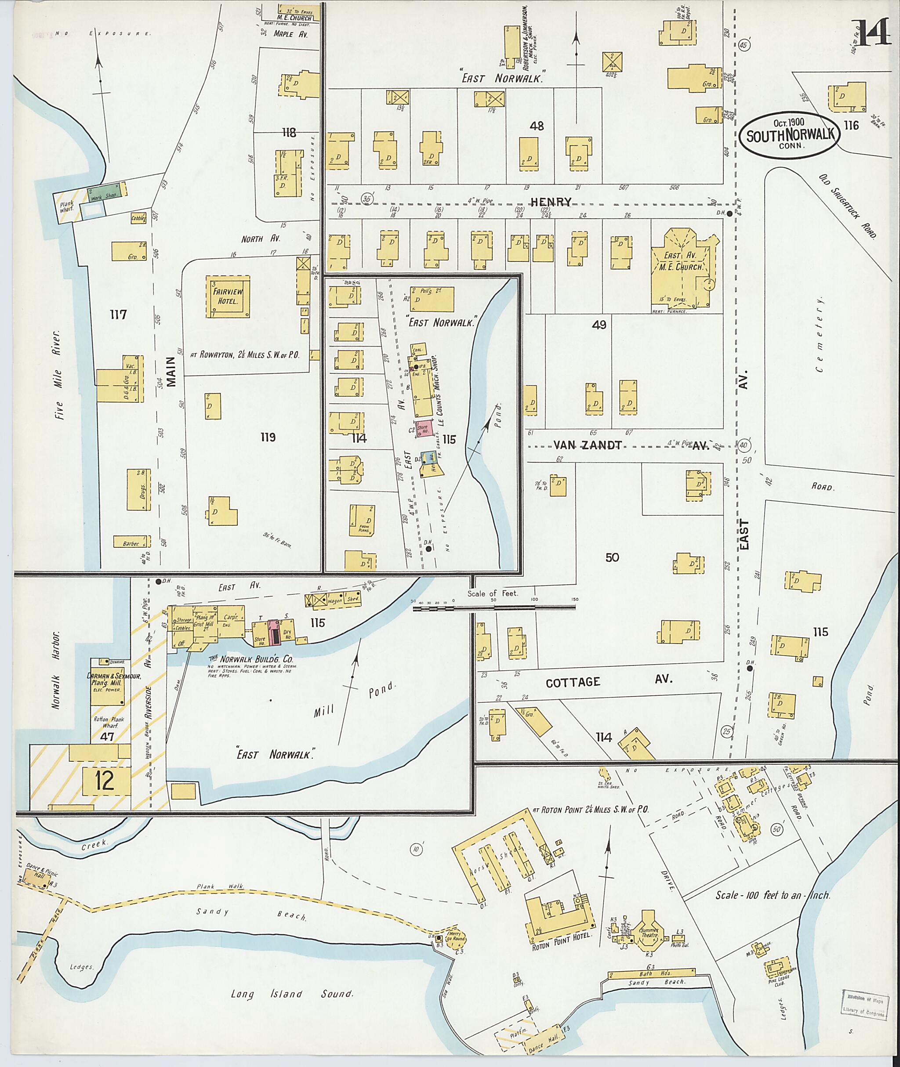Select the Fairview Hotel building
click(x=228, y=297)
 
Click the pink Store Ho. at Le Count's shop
click(x=425, y=428)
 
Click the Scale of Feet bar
click(x=494, y=608)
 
